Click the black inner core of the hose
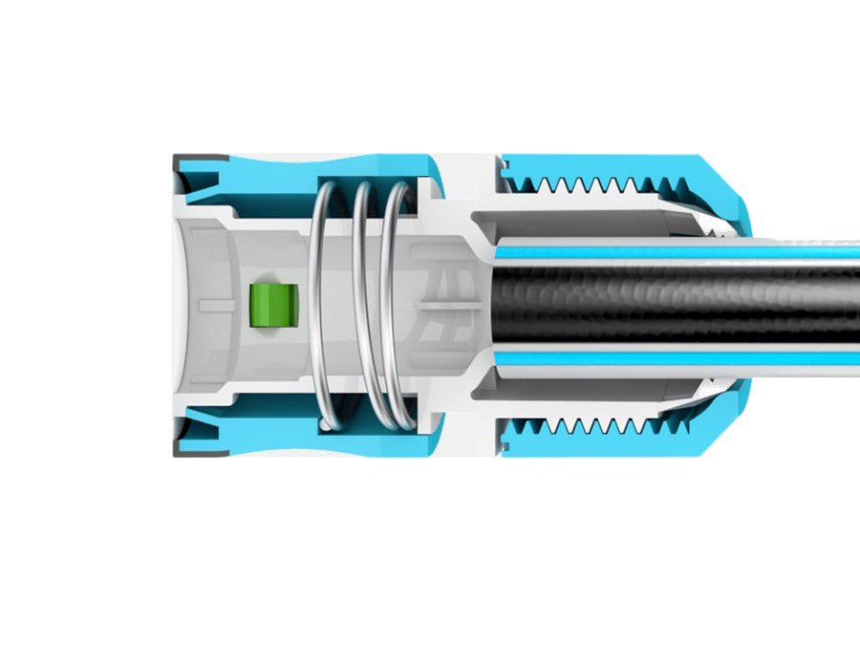669,304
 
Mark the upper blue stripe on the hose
669,252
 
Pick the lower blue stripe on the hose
669,357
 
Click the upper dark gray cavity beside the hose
592,222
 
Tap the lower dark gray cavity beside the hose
592,387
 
